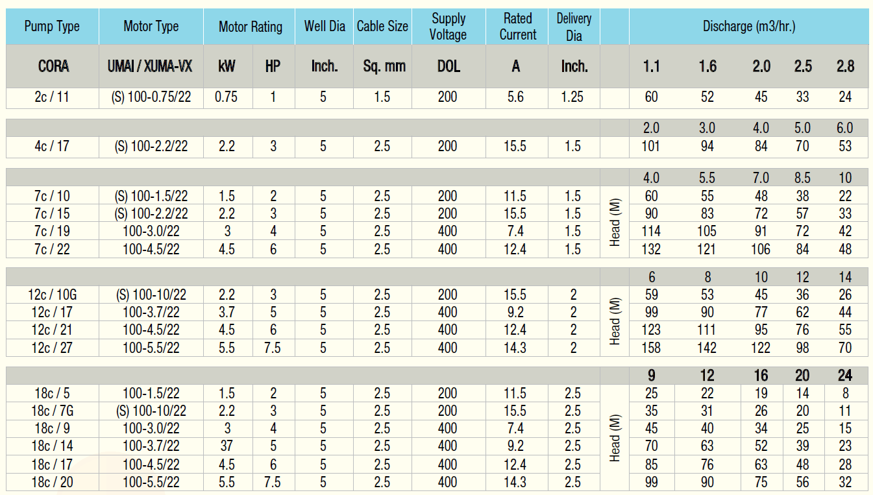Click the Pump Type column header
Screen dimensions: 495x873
52,27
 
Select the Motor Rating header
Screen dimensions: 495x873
250,27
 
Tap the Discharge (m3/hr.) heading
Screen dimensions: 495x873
749,27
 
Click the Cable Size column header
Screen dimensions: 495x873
382,27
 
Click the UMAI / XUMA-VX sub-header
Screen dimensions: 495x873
151,66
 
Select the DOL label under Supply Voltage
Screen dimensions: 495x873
447,66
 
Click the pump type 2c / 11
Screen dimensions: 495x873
52,97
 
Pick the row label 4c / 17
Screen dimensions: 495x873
52,147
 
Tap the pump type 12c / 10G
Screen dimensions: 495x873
52,295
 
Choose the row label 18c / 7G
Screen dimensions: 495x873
52,411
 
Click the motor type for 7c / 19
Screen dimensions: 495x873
151,232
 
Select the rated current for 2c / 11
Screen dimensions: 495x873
515,97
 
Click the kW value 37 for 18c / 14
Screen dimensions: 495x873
227,446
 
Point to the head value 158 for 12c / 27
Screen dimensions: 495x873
651,348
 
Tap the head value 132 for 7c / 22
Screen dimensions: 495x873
651,249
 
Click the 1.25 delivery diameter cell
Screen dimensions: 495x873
573,97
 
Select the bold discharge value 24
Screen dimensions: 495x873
844,376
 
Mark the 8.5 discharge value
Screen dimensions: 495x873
802,178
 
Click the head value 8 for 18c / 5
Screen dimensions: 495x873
844,393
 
